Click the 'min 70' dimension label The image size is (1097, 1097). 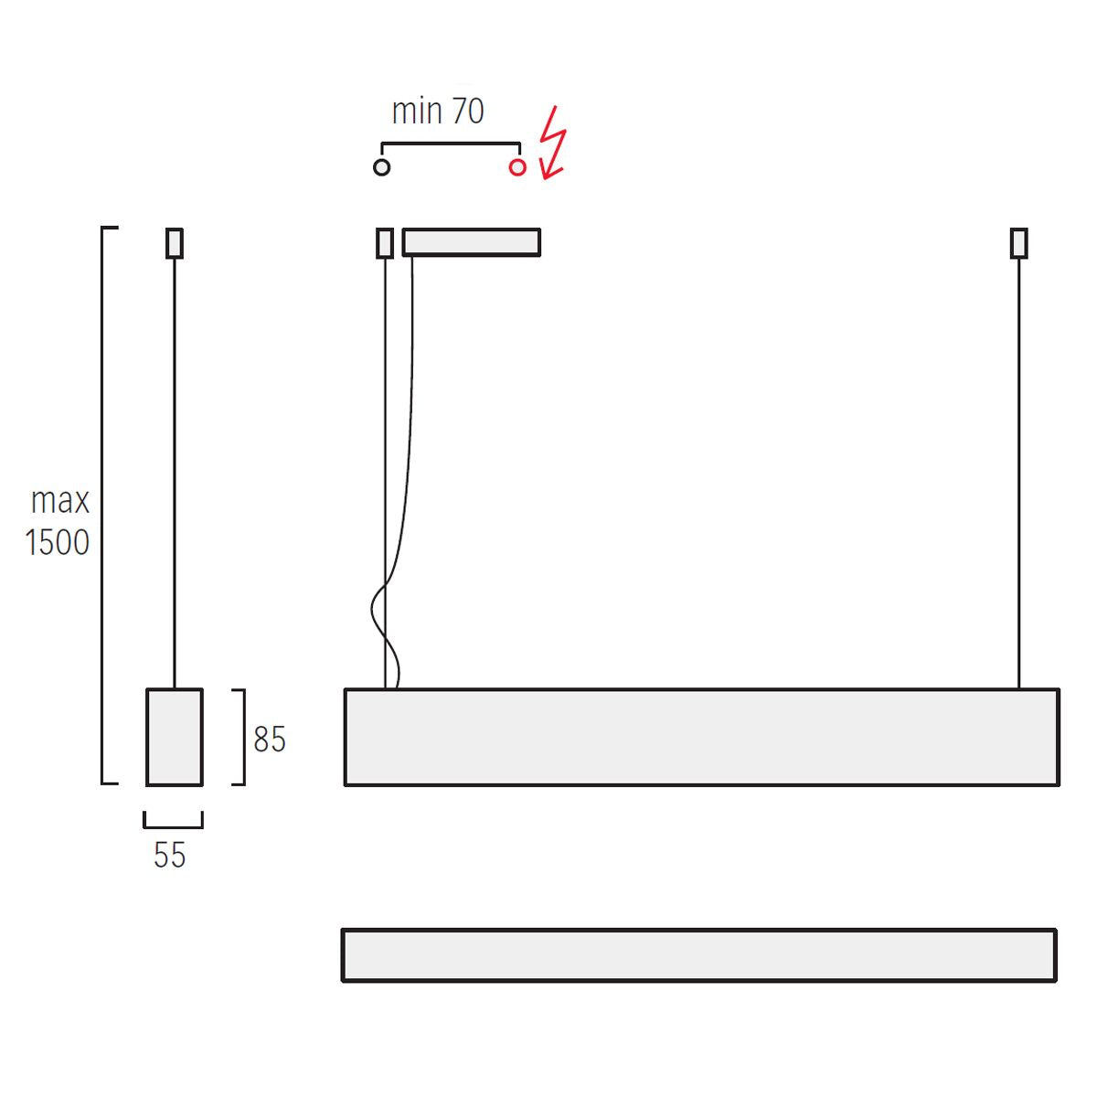click(437, 112)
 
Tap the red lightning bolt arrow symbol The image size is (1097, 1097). click(552, 144)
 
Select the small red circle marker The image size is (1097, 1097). click(517, 167)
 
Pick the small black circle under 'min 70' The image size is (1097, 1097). click(382, 167)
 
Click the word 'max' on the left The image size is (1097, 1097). click(60, 501)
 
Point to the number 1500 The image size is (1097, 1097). click(58, 543)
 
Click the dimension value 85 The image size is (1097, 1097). click(270, 739)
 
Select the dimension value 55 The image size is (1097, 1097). click(170, 856)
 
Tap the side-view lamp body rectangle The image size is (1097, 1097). click(175, 737)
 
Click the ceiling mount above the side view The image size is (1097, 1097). click(175, 243)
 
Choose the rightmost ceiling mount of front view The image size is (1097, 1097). click(1018, 243)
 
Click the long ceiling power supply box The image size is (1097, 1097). click(472, 242)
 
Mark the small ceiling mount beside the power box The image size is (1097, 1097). click(385, 243)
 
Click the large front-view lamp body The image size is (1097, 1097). click(702, 737)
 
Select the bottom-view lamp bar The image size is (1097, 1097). click(699, 955)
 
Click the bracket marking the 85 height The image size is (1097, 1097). click(242, 737)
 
